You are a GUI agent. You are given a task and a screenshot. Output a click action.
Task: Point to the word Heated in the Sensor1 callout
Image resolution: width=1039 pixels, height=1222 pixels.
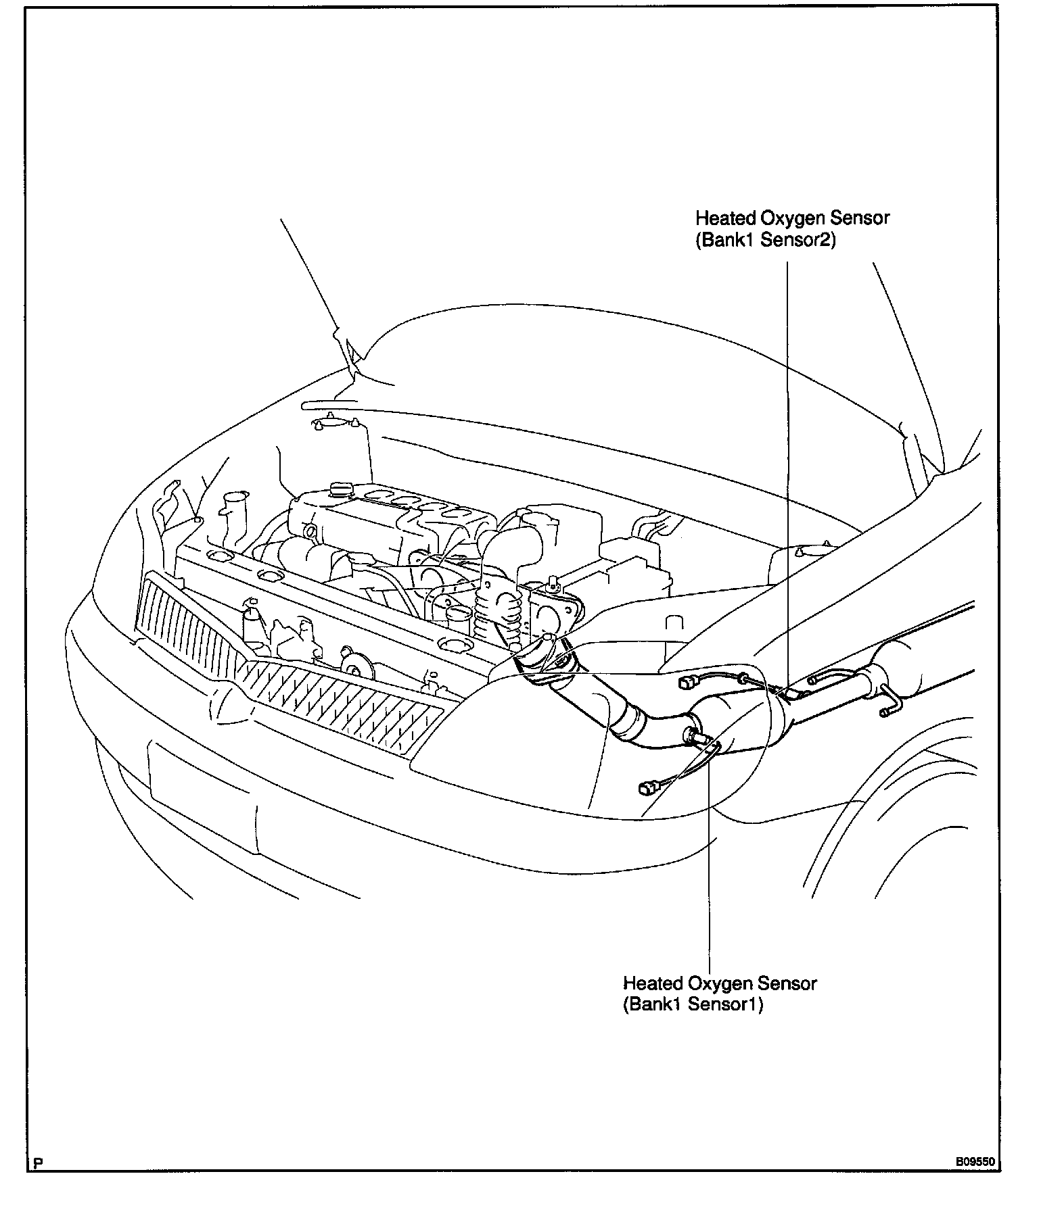[653, 983]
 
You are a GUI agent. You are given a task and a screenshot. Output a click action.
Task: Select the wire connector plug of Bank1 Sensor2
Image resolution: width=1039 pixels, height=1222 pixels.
[691, 683]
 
